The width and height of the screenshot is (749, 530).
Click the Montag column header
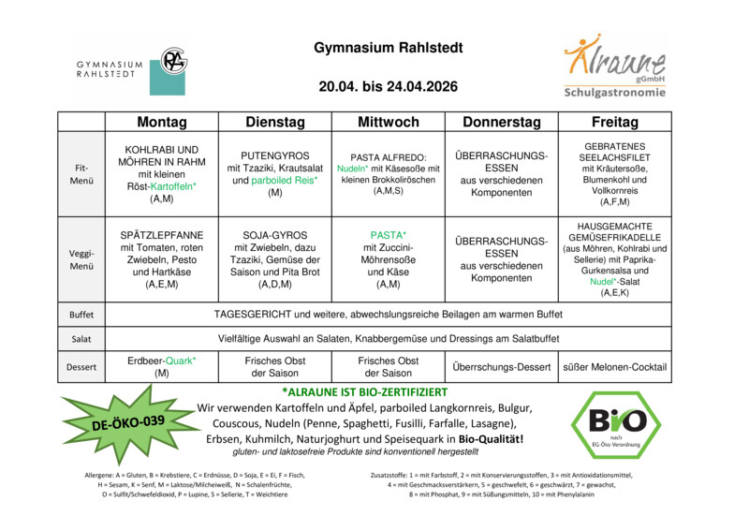[x=162, y=123]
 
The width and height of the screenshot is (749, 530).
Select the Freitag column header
[x=615, y=123]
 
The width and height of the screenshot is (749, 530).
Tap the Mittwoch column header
[x=389, y=123]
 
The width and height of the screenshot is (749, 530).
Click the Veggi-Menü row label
[x=81, y=259]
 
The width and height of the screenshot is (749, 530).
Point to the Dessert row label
[x=81, y=367]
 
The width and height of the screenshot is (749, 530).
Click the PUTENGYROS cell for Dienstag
[x=274, y=173]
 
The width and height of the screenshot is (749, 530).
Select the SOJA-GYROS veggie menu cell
[x=274, y=259]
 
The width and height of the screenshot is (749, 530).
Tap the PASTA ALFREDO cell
[x=389, y=173]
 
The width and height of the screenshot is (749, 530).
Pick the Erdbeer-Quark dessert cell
[x=162, y=367]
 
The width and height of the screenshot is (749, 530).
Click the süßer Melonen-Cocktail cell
[x=615, y=367]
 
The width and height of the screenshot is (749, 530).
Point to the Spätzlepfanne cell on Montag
[x=162, y=259]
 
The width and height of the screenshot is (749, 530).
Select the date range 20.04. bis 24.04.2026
[x=388, y=87]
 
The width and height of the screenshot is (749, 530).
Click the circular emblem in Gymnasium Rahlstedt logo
[x=173, y=62]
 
